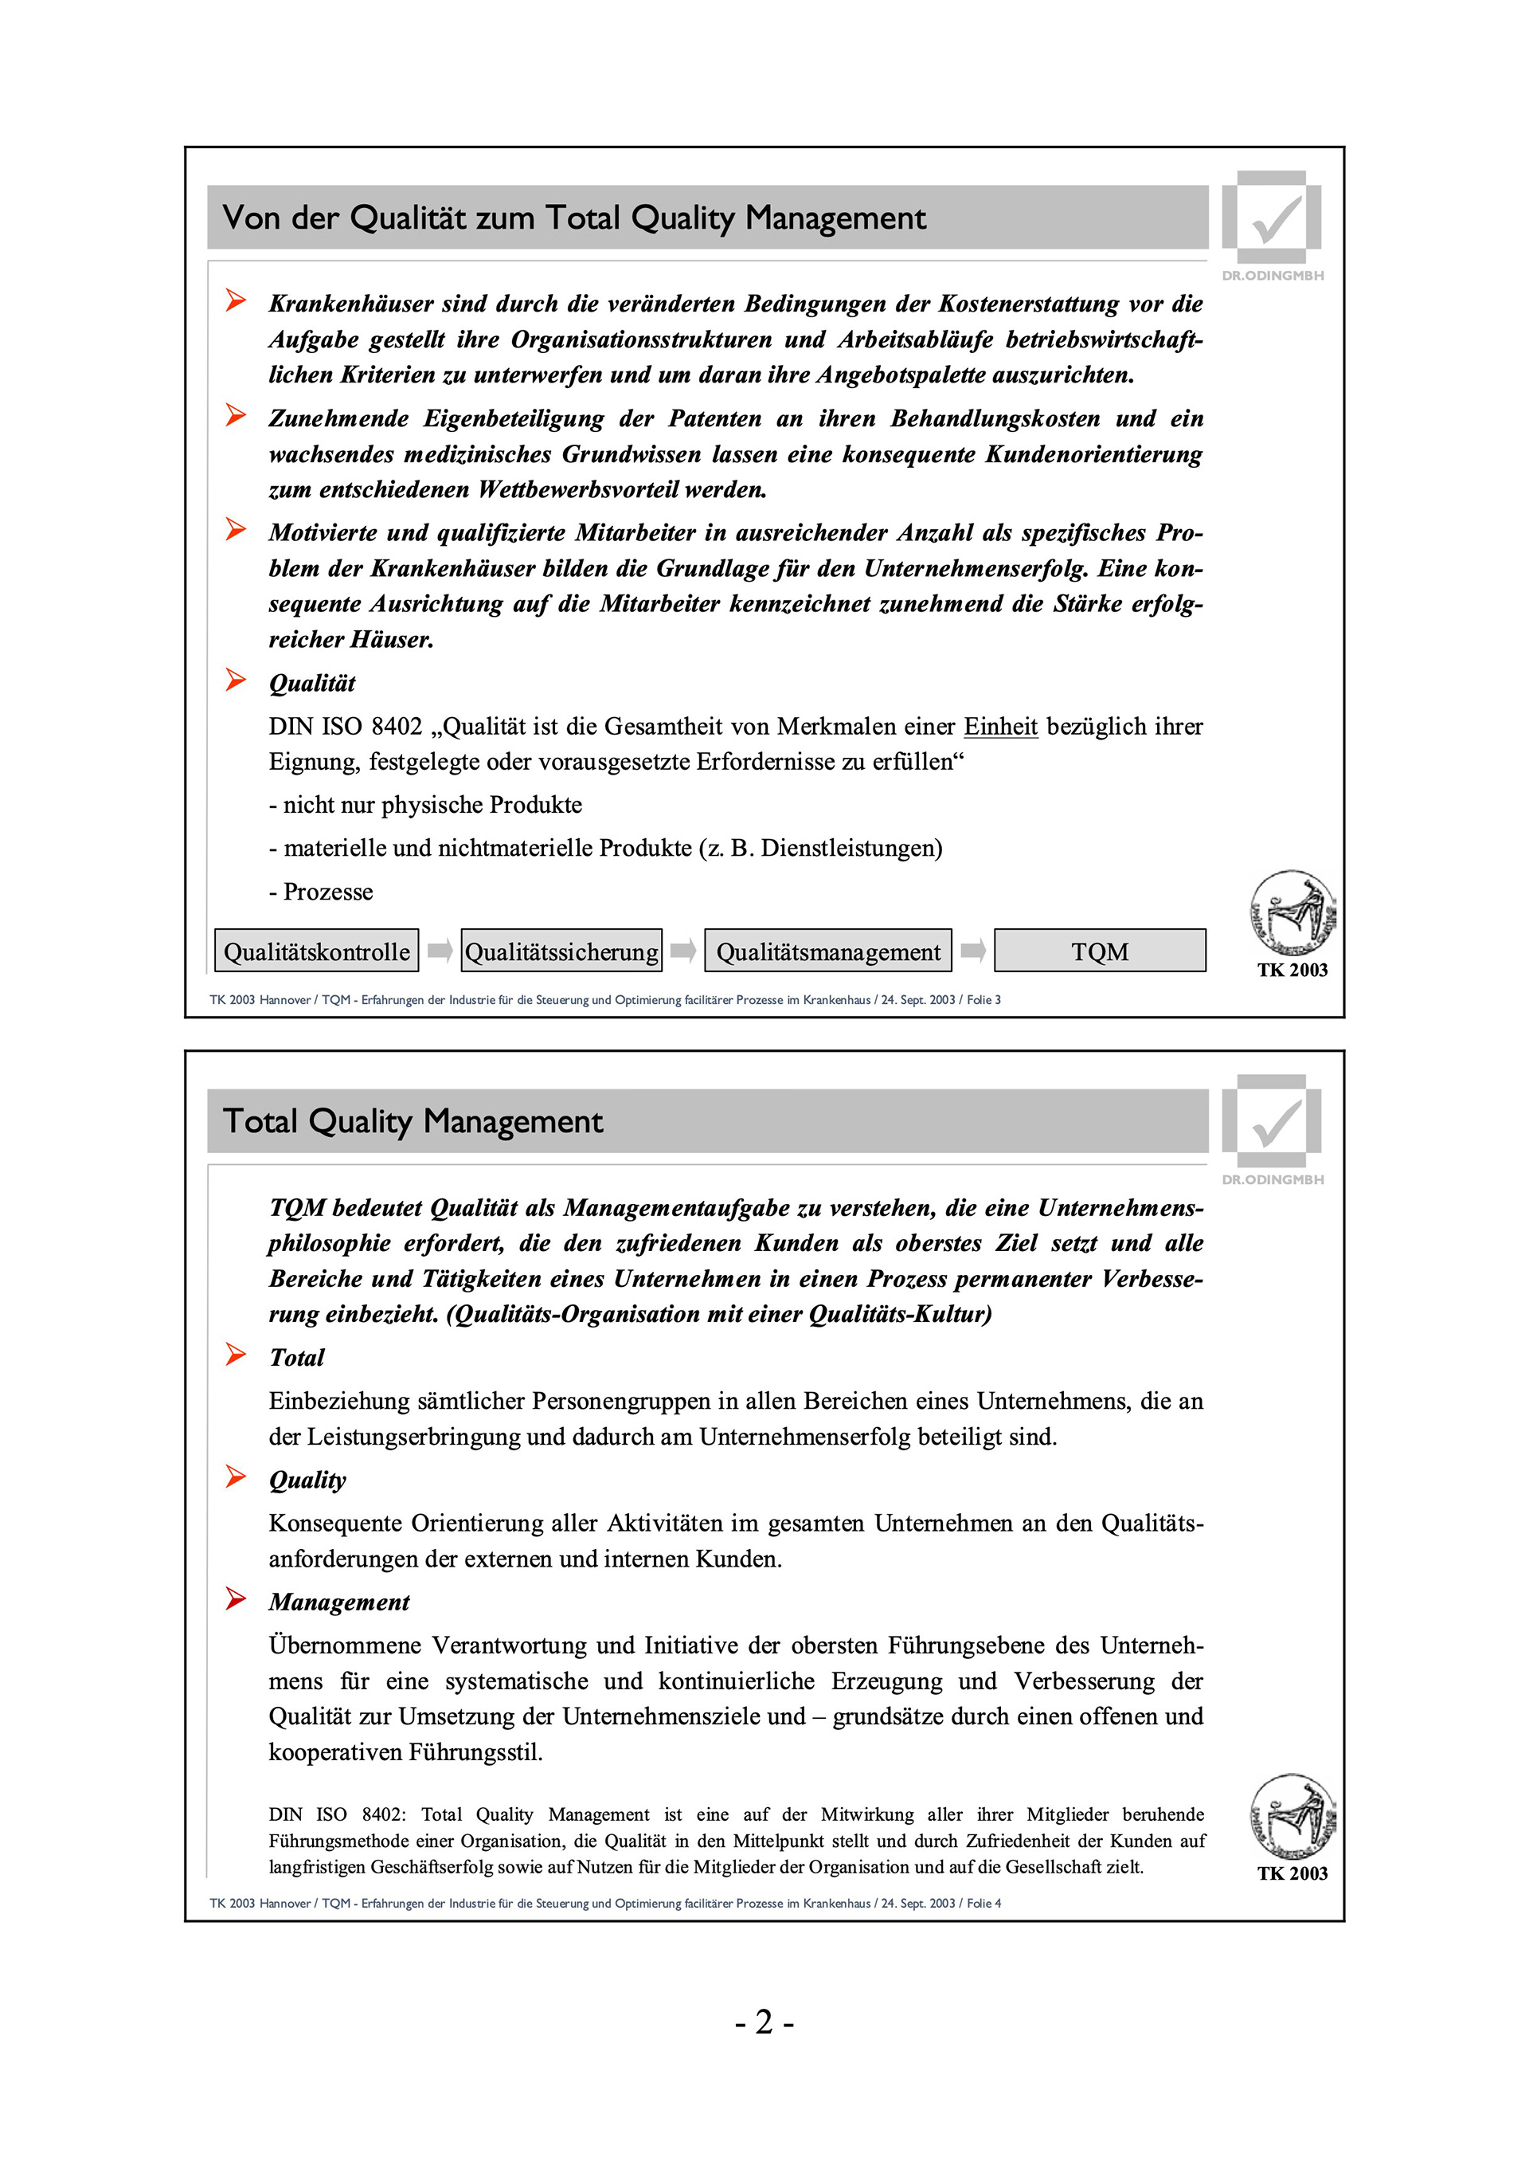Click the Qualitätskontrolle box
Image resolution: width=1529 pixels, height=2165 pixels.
coord(317,951)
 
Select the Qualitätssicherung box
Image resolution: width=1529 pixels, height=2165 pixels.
coord(561,951)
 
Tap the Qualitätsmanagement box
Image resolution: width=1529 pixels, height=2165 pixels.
coord(827,951)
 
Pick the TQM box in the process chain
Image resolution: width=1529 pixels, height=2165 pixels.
coord(1099,951)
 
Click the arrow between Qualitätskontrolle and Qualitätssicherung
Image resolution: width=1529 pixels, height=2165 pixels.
coord(440,951)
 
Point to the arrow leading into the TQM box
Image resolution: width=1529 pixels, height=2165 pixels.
coord(973,951)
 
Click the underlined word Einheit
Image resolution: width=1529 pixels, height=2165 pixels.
coord(1000,727)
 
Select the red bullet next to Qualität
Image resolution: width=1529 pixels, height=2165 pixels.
coord(236,680)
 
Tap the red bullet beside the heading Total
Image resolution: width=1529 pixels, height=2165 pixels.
coord(236,1354)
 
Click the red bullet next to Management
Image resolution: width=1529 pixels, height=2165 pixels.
coord(236,1598)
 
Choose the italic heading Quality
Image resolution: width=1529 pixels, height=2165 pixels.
coord(307,1480)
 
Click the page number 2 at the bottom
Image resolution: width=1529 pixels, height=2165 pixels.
coord(764,2022)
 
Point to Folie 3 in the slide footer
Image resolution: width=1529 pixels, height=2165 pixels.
coord(983,999)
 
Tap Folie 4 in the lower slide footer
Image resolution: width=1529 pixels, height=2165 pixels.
coord(983,1903)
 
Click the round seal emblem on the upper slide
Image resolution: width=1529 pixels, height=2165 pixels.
coord(1292,912)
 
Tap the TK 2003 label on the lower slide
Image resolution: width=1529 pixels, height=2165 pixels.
coord(1292,1873)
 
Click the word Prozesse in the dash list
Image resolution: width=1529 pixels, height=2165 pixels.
coord(328,892)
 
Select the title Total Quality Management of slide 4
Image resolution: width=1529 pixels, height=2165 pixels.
coord(413,1121)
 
